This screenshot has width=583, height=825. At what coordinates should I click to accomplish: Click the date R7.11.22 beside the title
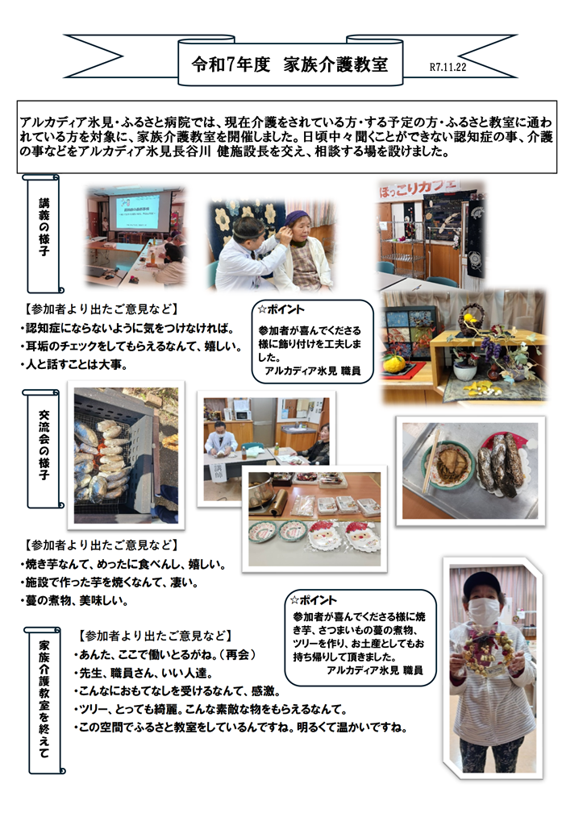(x=448, y=67)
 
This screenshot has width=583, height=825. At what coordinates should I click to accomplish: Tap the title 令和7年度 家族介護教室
(x=289, y=64)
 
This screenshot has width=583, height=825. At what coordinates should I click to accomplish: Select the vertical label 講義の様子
(x=44, y=226)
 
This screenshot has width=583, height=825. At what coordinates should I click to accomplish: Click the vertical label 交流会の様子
(x=44, y=445)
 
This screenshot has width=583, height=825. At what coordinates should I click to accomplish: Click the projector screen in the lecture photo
(x=138, y=212)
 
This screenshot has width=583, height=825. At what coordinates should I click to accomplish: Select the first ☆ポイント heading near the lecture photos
(x=281, y=309)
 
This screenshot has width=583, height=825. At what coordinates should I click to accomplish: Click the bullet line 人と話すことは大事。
(x=74, y=364)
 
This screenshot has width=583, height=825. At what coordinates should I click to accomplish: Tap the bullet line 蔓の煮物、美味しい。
(x=74, y=600)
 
